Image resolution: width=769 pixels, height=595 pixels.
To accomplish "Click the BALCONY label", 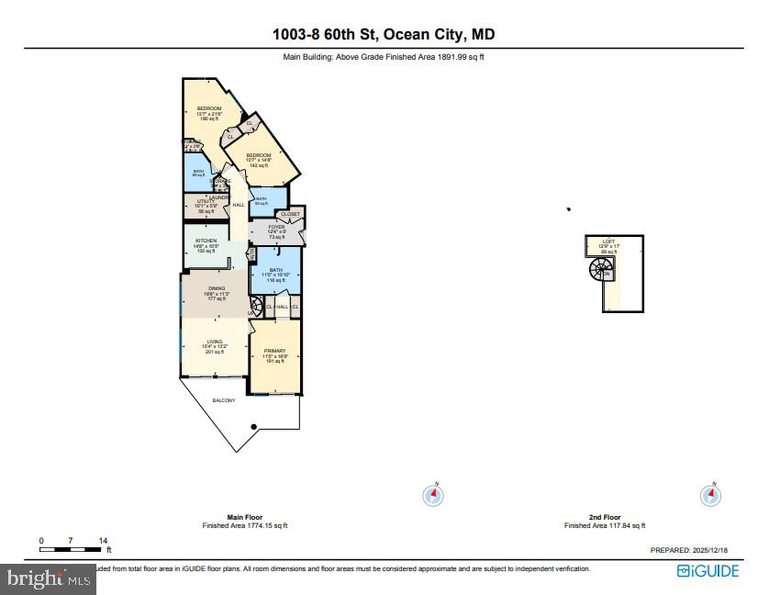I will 224,400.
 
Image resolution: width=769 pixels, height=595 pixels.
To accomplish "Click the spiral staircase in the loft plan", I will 601,271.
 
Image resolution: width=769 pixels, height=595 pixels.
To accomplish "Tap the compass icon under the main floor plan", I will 433,495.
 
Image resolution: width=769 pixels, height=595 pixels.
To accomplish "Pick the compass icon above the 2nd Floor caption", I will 709,495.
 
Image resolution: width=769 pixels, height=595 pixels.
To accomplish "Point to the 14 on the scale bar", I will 103,541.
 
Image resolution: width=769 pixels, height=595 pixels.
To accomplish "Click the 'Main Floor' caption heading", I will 244,517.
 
